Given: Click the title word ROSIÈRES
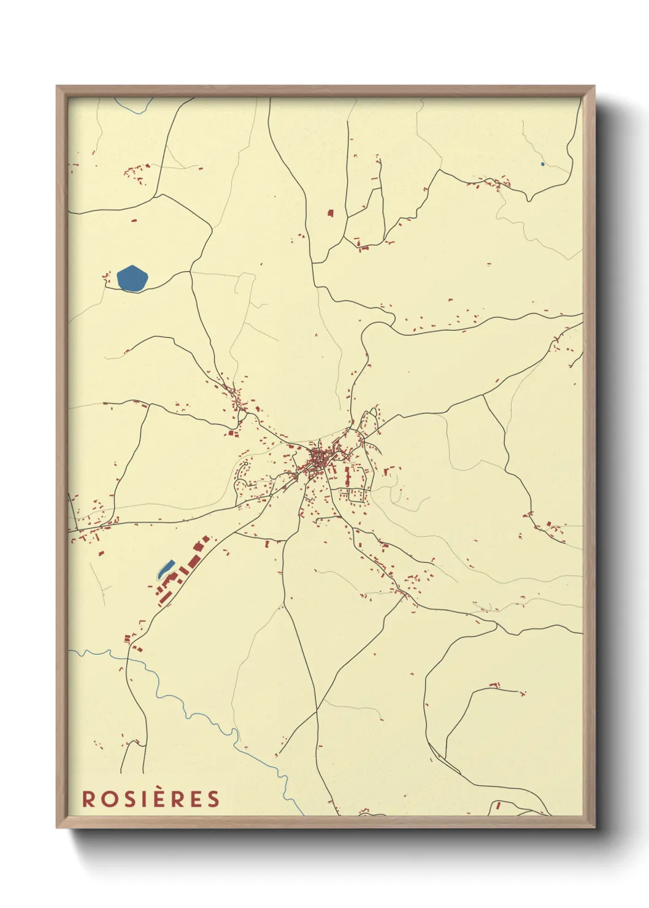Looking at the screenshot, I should click(151, 799).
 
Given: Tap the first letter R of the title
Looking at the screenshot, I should click(89, 799).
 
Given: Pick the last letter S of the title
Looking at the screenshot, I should click(213, 799).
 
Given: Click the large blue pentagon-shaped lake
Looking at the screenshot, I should click(132, 279).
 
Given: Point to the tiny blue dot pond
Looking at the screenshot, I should click(542, 164).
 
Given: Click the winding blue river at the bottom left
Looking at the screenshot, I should click(184, 706).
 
